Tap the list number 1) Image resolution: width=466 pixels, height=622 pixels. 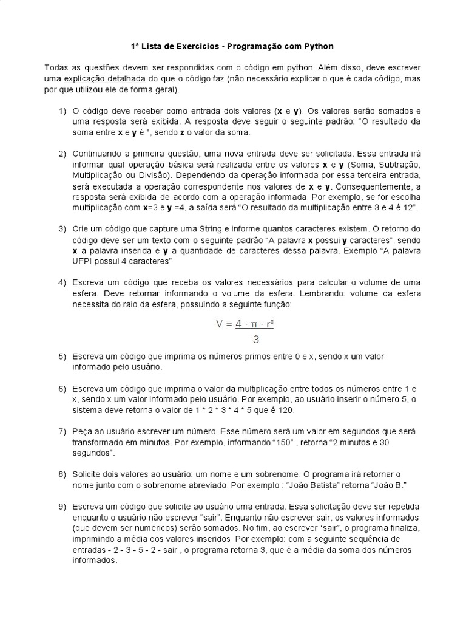coord(62,111)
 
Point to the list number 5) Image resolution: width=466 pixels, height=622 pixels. coord(62,355)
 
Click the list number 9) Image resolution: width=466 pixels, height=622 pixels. coord(62,506)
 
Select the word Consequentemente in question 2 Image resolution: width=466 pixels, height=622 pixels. coord(371,186)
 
